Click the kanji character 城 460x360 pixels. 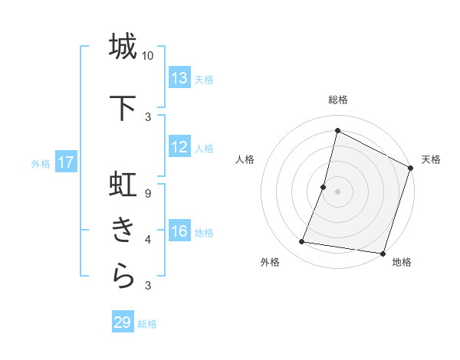point(123,47)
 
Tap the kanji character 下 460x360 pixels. point(123,108)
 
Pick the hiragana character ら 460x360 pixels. point(123,277)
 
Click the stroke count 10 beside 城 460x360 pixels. point(148,56)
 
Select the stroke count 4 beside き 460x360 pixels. point(148,240)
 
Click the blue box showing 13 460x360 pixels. point(179,78)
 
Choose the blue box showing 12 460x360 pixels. point(179,147)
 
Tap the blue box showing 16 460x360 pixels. point(179,231)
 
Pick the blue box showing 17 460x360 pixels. point(65,162)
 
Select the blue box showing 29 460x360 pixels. point(123,322)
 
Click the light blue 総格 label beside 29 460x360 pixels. point(148,324)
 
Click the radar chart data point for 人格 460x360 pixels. point(324,187)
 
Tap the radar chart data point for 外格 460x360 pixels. point(302,242)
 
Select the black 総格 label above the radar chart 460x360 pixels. point(338,100)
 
